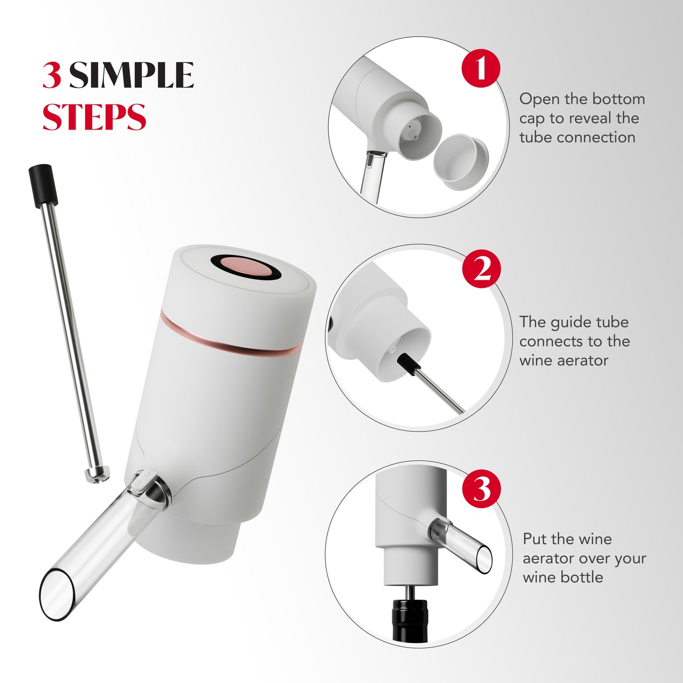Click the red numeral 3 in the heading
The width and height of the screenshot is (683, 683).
[x=51, y=75]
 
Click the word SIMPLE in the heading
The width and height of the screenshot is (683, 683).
[x=131, y=75]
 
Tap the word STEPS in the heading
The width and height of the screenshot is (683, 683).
[x=94, y=117]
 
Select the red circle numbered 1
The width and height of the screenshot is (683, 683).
[x=481, y=68]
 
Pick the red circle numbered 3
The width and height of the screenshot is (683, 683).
[x=482, y=489]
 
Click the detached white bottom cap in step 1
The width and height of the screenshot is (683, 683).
[x=461, y=162]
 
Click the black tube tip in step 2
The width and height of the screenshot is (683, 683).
[x=407, y=365]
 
